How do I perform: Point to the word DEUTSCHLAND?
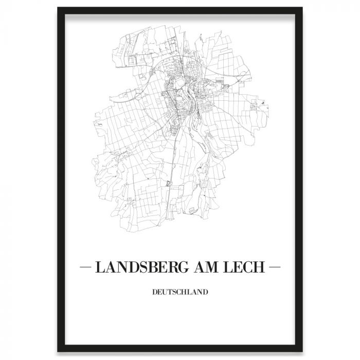click(x=180, y=293)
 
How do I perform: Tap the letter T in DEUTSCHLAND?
click(x=171, y=293)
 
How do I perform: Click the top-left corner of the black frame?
click(x=58, y=8)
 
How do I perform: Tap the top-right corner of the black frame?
click(x=302, y=8)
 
